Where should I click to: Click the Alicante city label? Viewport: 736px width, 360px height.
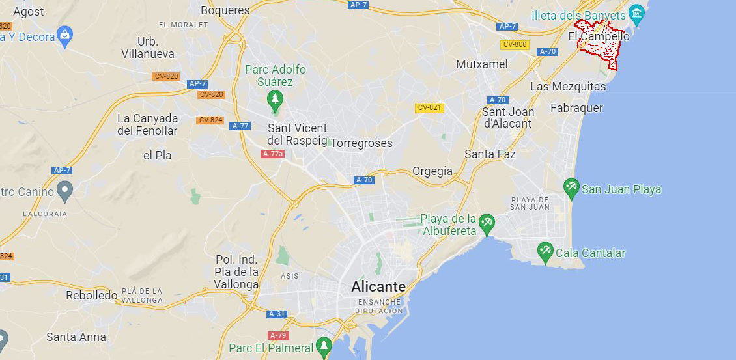click(378, 286)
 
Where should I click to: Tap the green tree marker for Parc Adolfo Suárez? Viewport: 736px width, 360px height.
click(275, 100)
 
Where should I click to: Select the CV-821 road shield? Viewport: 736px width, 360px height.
click(430, 107)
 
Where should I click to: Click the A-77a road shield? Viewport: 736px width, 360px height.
click(273, 154)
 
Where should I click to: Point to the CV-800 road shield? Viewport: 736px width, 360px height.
click(515, 44)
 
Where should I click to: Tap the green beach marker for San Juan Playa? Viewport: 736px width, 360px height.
click(571, 188)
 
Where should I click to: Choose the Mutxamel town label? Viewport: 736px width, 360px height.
click(481, 64)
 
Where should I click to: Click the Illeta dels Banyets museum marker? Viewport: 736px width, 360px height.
click(636, 12)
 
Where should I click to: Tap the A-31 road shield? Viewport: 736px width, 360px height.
click(277, 314)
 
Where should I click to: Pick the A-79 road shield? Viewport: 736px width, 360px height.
click(278, 335)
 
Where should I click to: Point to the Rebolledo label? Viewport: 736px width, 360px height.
click(91, 295)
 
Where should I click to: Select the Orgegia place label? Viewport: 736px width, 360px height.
click(432, 171)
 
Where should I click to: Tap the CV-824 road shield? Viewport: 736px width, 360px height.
click(210, 120)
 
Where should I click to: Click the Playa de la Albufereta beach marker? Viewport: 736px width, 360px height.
click(486, 223)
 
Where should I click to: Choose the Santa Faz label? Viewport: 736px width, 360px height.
click(490, 154)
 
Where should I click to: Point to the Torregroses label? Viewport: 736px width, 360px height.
click(362, 143)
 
